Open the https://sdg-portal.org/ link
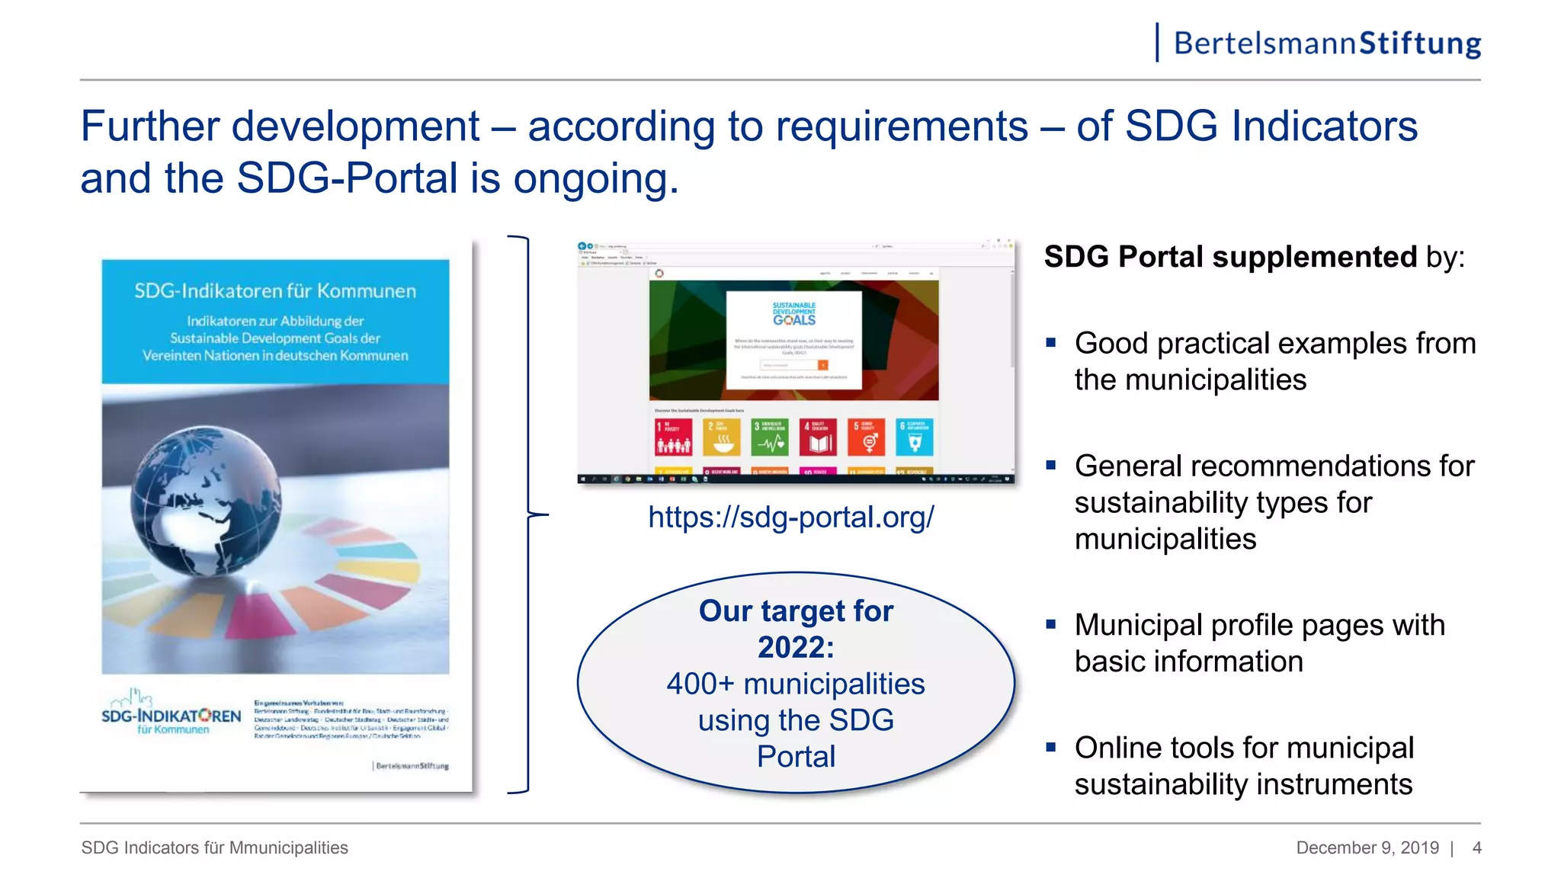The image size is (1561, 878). (790, 518)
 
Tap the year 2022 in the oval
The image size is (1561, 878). (795, 648)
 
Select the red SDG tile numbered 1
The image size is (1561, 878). (674, 437)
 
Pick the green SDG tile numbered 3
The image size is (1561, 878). (770, 437)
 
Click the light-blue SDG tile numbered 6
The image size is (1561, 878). (914, 437)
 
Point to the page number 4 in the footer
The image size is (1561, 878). (1476, 848)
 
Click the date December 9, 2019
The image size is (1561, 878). (1367, 848)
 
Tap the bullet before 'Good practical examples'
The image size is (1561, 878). (1051, 344)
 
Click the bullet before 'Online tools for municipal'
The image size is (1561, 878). (1051, 748)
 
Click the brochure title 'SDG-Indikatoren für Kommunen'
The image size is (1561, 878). (275, 291)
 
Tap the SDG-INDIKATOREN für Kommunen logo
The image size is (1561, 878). (171, 715)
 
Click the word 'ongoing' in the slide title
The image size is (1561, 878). (594, 178)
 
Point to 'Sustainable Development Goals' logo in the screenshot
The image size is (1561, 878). (793, 314)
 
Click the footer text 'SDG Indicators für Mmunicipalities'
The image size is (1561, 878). (214, 848)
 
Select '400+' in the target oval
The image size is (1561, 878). (700, 684)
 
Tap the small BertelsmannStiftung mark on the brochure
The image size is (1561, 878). (412, 765)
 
